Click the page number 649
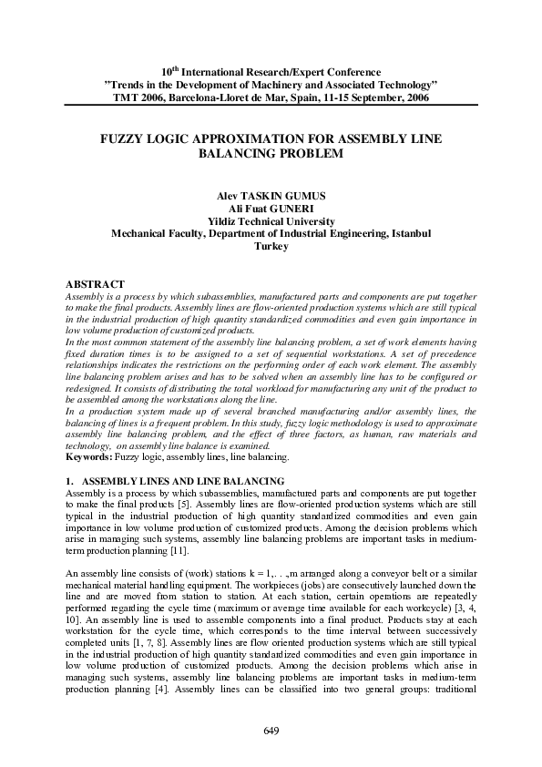(x=271, y=731)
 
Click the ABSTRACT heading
(x=96, y=286)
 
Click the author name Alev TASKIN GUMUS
(x=271, y=196)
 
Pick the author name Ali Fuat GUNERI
(x=271, y=209)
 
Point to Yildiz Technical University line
(x=271, y=221)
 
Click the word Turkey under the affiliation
(x=271, y=246)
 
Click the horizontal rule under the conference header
(x=271, y=107)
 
